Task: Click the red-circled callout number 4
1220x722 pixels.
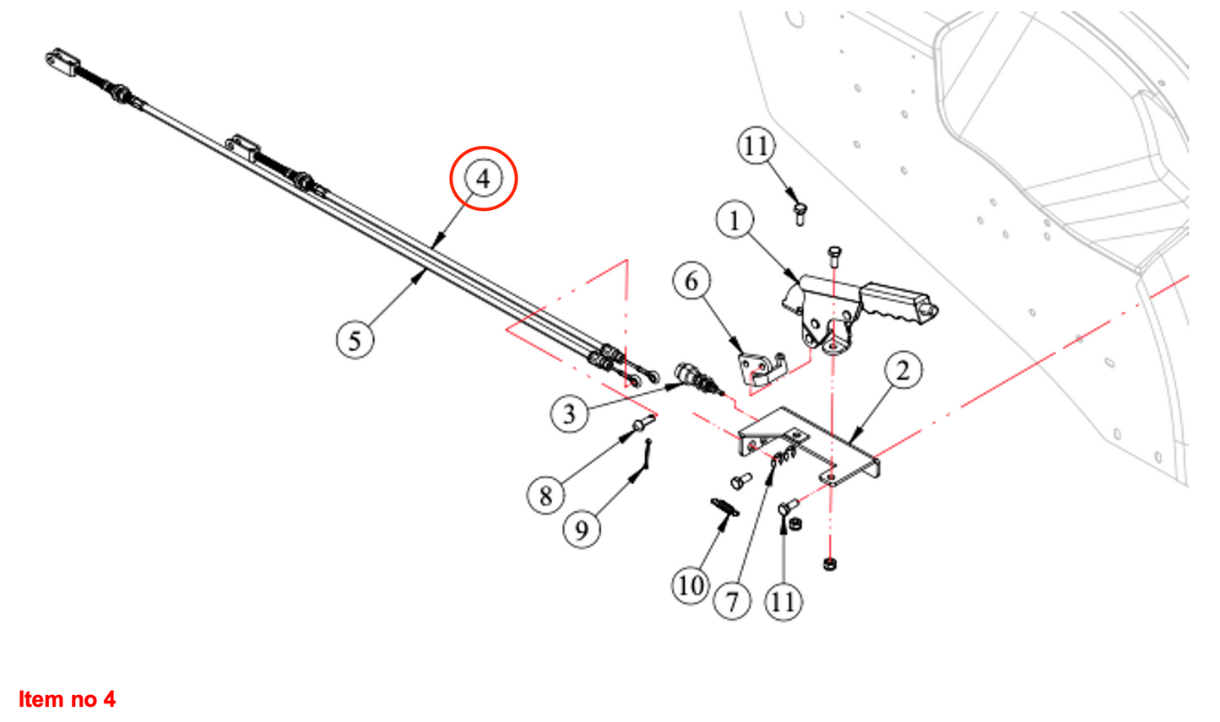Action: coord(482,178)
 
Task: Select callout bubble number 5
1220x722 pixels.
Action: coord(355,340)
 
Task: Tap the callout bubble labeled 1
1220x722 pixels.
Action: coord(734,220)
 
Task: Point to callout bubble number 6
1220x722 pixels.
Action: coord(691,281)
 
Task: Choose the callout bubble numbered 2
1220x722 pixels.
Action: coord(903,370)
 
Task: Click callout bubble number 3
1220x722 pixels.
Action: coord(569,414)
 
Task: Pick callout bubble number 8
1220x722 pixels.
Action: coord(545,495)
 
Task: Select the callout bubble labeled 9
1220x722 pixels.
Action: coord(581,530)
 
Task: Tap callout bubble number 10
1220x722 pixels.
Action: coord(690,585)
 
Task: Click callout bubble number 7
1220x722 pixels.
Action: coord(731,601)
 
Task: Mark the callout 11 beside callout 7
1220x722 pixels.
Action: coord(784,601)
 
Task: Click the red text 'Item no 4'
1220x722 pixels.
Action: coord(67,699)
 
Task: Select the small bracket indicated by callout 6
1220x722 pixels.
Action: coord(759,368)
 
